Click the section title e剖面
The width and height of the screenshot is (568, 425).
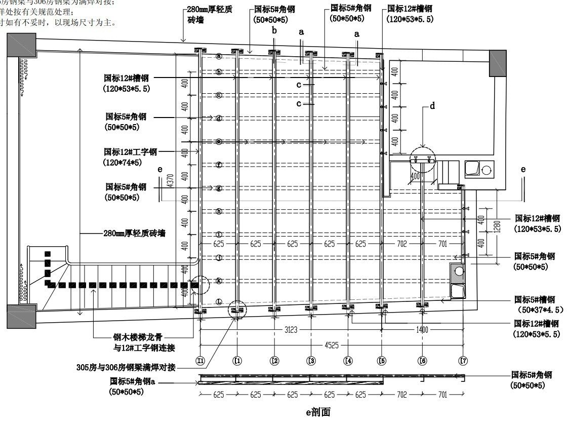click(318, 412)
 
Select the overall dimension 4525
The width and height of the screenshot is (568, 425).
click(332, 346)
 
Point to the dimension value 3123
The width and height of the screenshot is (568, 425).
click(291, 330)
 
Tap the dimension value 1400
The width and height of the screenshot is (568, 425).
click(422, 330)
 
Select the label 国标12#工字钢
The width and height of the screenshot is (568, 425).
click(131, 152)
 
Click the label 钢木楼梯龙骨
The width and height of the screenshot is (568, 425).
click(137, 337)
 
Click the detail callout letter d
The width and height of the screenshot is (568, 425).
click(432, 106)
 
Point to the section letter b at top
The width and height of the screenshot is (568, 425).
click(274, 30)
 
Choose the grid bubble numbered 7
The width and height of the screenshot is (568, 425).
click(462, 361)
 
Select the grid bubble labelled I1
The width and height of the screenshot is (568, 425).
click(200, 361)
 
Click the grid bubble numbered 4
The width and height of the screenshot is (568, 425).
click(348, 361)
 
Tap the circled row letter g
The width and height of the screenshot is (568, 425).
click(219, 188)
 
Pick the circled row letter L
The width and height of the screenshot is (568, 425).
click(219, 301)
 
